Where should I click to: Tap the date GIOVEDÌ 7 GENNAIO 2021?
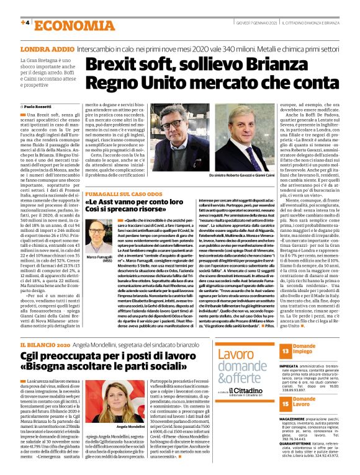pos(252,23)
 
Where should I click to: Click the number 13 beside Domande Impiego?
pos(282,351)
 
